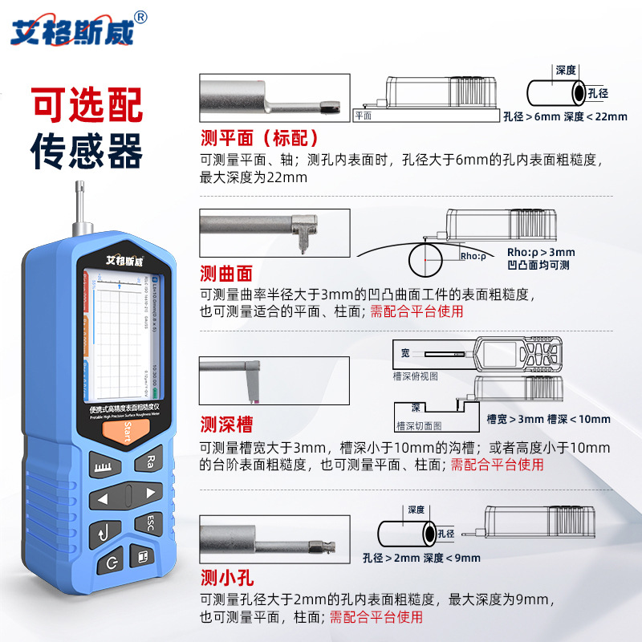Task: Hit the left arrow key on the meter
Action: point(102,499)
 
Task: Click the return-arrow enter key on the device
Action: point(104,530)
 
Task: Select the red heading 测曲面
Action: point(226,272)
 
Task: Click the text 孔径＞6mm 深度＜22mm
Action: point(565,116)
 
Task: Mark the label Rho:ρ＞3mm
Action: point(542,252)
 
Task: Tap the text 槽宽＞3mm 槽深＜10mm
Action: point(548,419)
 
